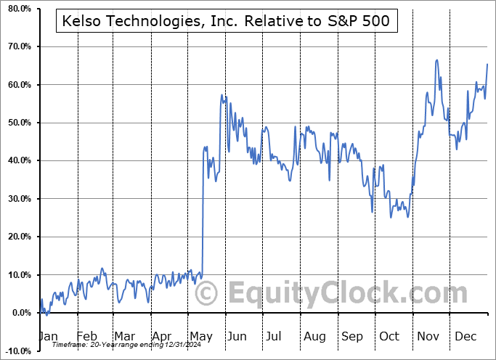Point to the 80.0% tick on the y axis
point(17,9)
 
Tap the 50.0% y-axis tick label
point(17,123)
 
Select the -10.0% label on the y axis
point(16,351)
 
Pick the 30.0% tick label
point(17,199)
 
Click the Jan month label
point(48,337)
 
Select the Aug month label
point(315,337)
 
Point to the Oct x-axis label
point(390,337)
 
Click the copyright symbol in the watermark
point(208,294)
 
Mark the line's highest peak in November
point(436,60)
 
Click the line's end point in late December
point(487,65)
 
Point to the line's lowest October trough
point(408,217)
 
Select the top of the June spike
point(221,95)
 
